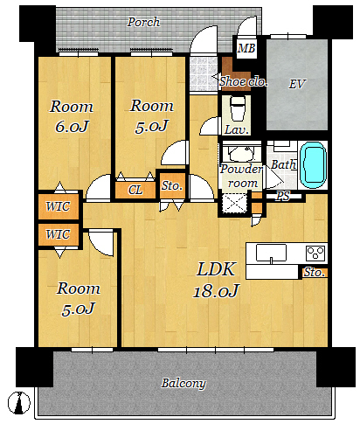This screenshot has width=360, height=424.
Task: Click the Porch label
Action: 143,22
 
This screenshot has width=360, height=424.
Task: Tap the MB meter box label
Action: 246,48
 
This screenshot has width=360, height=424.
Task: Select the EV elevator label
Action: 296,84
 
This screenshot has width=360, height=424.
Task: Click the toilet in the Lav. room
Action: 237,108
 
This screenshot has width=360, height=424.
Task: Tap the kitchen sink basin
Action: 271,253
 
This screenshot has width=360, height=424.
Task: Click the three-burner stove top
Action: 315,253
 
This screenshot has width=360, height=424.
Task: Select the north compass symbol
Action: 19,403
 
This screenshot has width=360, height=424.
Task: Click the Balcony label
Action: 183,383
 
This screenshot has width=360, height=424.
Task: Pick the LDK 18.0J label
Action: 216,280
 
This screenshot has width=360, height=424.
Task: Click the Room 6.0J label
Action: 72,116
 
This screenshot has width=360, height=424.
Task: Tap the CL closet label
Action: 135,191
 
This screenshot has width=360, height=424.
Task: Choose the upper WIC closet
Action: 59,206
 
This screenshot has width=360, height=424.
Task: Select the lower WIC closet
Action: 59,234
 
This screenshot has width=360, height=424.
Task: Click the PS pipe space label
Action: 283,196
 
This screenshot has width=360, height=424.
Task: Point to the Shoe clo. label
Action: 244,82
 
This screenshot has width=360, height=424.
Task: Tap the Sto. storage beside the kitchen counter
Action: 315,273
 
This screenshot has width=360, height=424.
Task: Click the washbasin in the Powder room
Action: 240,153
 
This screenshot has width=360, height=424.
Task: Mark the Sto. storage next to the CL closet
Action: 172,185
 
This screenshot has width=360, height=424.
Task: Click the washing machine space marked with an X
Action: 234,203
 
